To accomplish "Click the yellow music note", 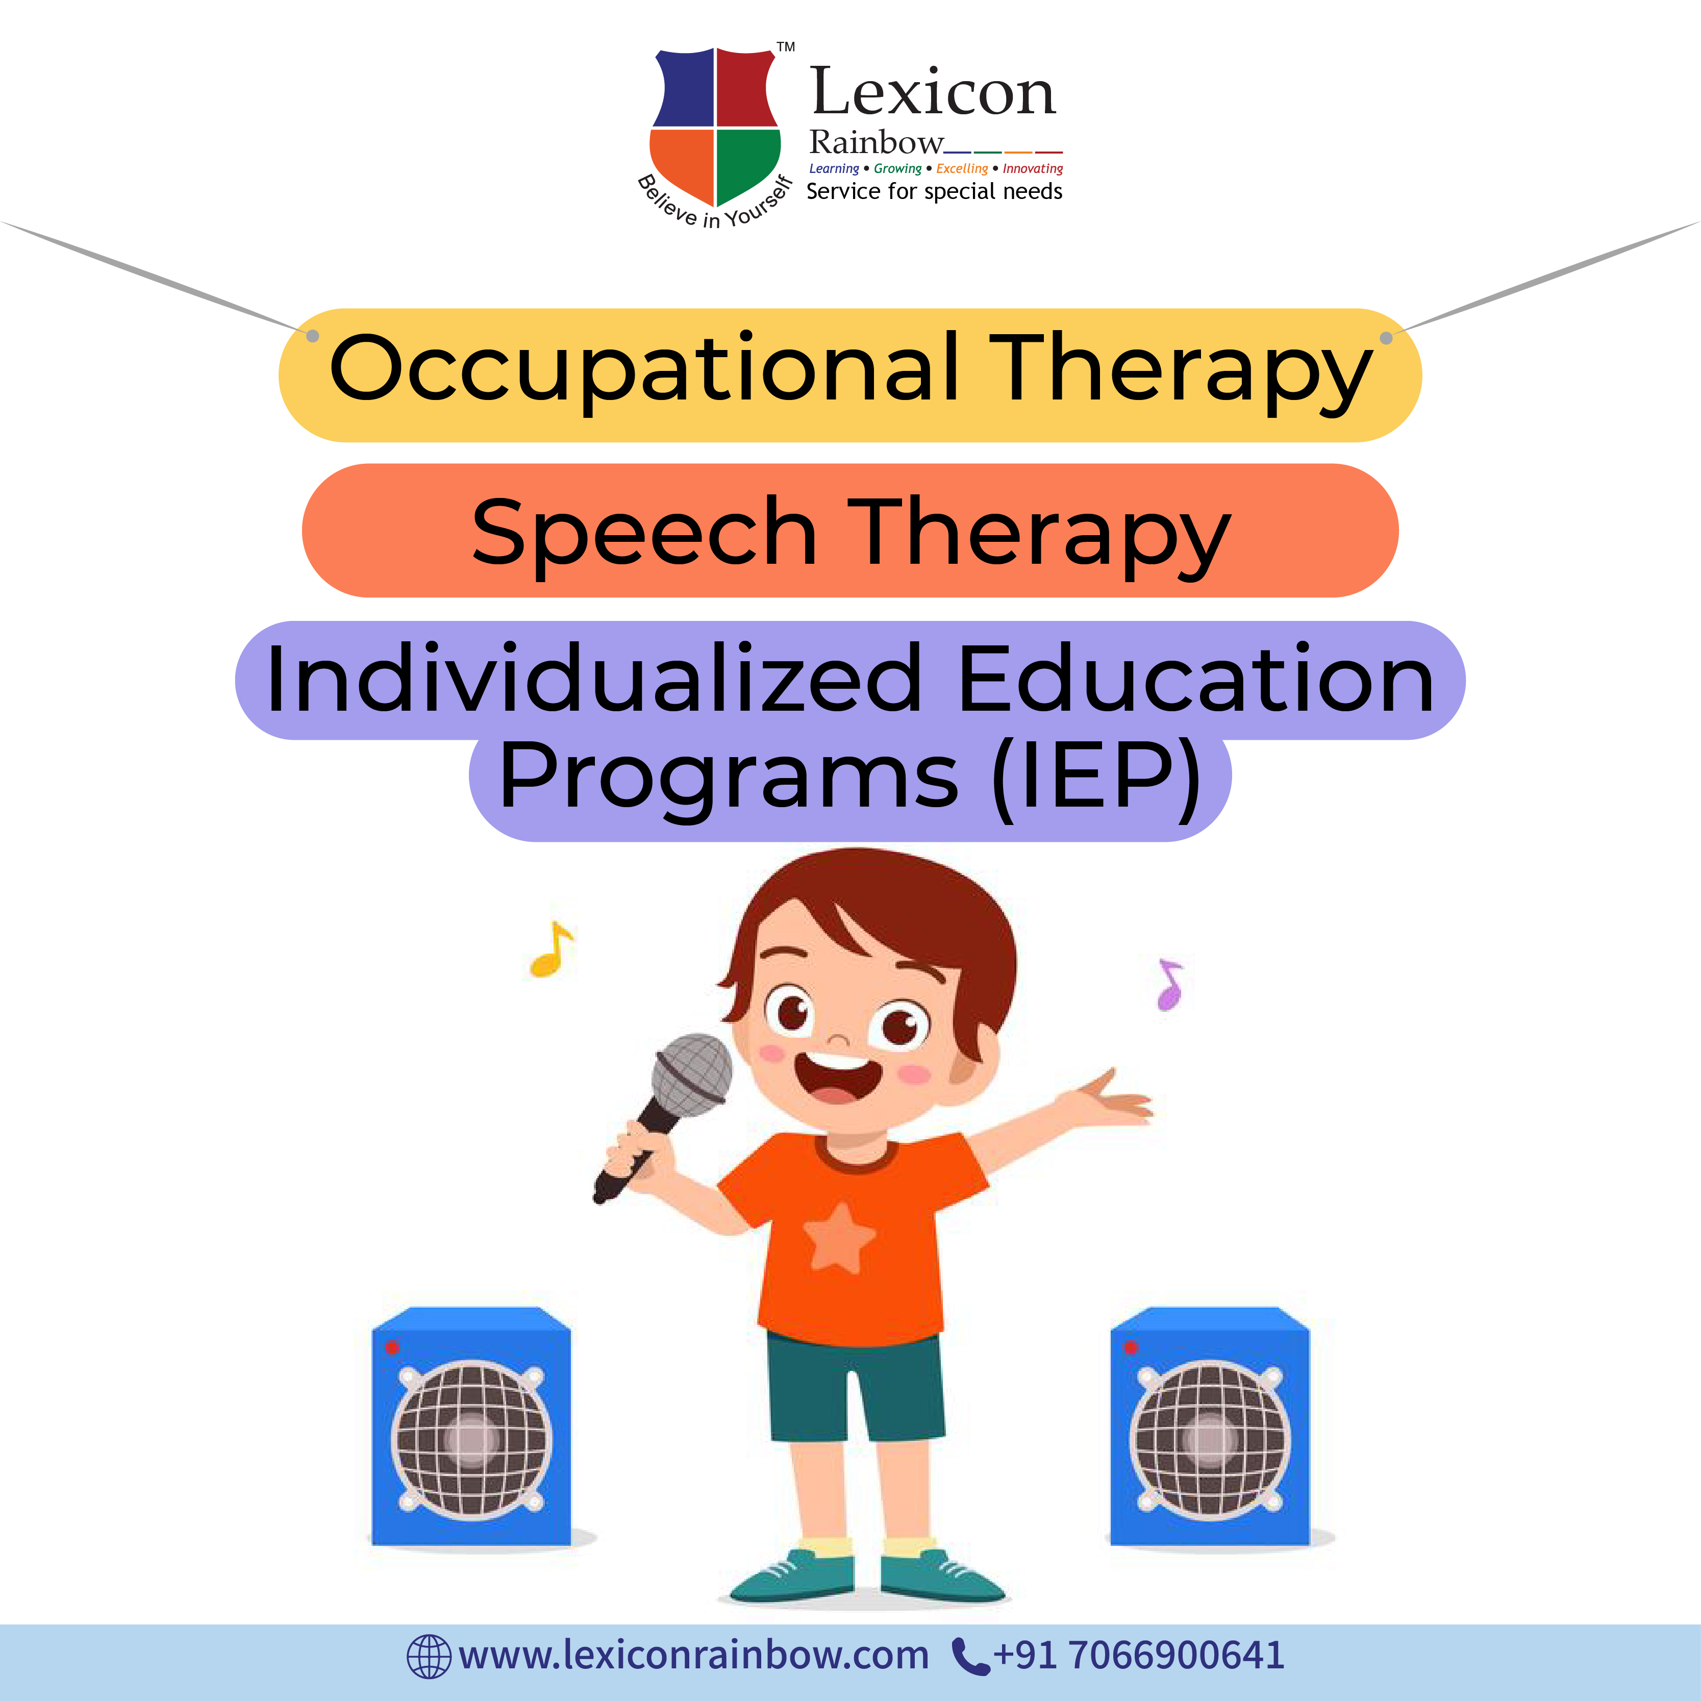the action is pos(551,949).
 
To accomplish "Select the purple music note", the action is pos(1170,984).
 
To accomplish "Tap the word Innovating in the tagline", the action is pos(1033,169).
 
